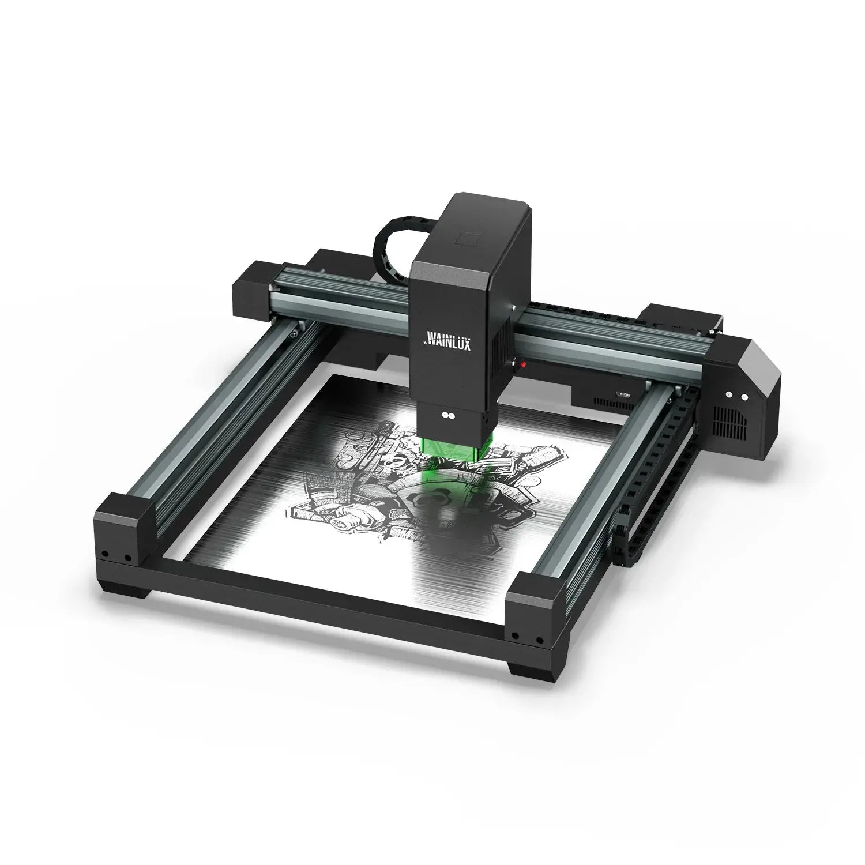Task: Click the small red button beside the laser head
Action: tap(523, 365)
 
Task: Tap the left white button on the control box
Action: tap(729, 395)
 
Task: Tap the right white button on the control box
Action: tap(744, 397)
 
